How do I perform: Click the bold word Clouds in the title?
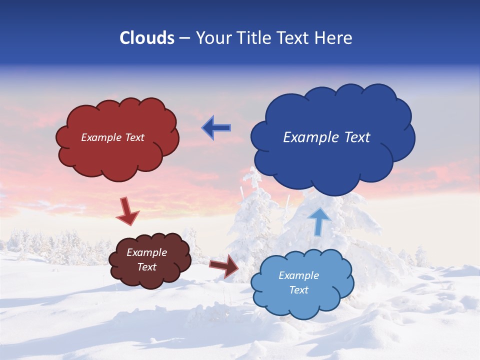[x=147, y=38]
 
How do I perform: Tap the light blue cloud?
[x=300, y=305]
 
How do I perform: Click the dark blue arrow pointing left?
[x=216, y=128]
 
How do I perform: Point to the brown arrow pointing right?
[x=224, y=265]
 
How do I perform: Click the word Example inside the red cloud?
[x=100, y=137]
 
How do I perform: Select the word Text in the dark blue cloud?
[x=357, y=137]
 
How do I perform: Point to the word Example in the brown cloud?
[x=147, y=252]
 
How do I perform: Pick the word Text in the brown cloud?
[x=147, y=267]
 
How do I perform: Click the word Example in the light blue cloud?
[x=298, y=275]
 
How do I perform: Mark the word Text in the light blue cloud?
[x=298, y=290]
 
